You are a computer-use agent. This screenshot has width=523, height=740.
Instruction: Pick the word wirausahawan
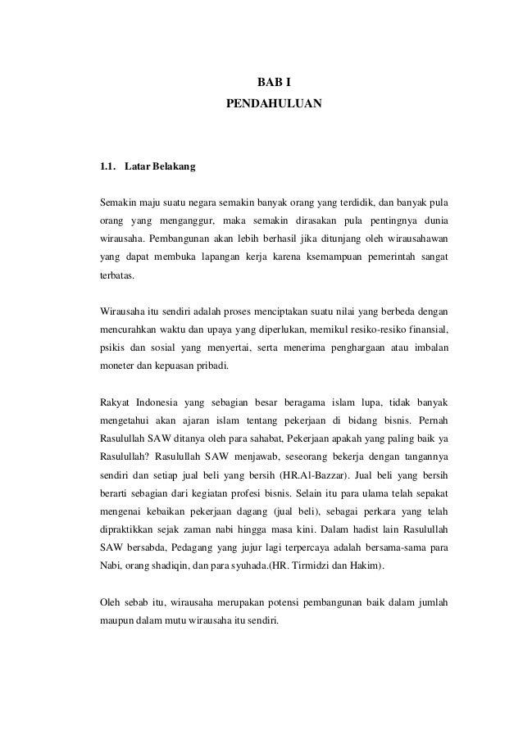point(421,239)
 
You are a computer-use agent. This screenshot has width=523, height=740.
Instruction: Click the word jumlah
point(429,602)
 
